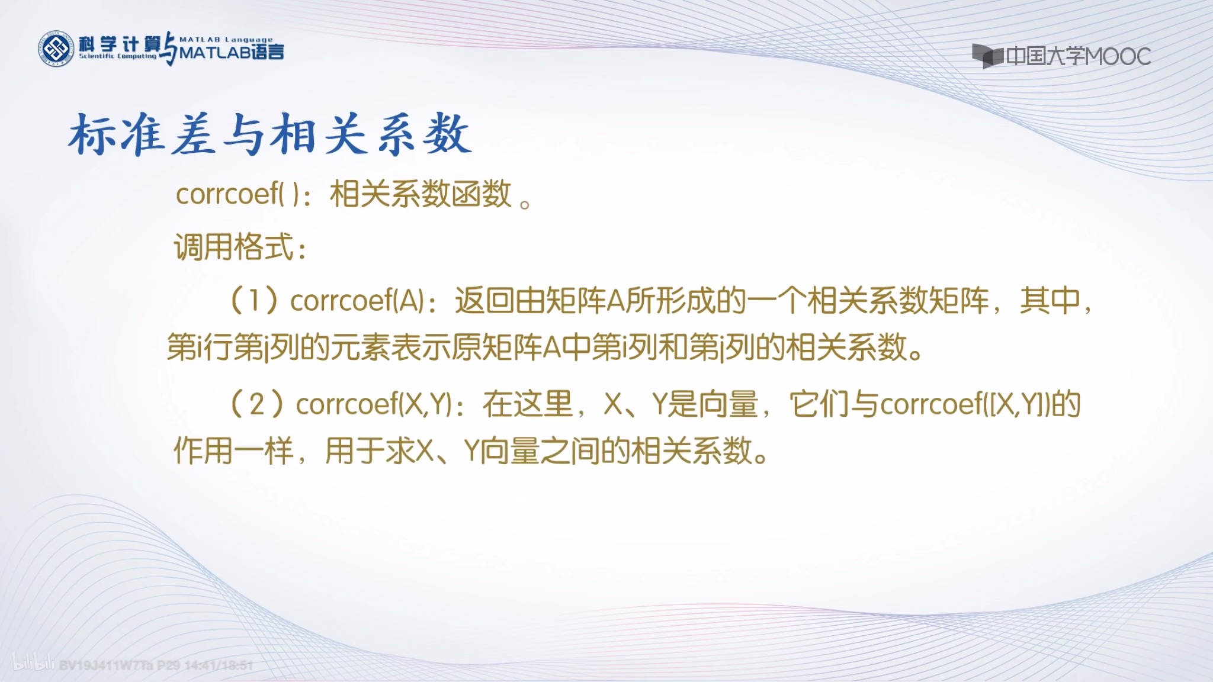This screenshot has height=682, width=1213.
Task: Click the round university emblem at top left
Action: (57, 49)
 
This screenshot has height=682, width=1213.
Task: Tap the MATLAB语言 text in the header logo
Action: (231, 53)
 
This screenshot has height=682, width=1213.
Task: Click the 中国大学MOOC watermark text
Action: (1078, 57)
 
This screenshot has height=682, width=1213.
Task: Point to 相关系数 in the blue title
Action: (371, 134)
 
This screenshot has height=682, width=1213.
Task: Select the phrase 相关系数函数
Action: (421, 194)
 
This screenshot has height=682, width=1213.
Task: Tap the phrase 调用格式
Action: (234, 247)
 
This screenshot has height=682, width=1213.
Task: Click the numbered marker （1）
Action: (253, 300)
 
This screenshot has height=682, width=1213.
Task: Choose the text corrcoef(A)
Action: (357, 301)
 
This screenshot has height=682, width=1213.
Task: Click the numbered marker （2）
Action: (256, 404)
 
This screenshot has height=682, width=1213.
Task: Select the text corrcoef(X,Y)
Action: (373, 404)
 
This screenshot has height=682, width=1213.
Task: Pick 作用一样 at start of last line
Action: (233, 451)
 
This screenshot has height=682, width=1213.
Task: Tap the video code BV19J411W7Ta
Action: (107, 665)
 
